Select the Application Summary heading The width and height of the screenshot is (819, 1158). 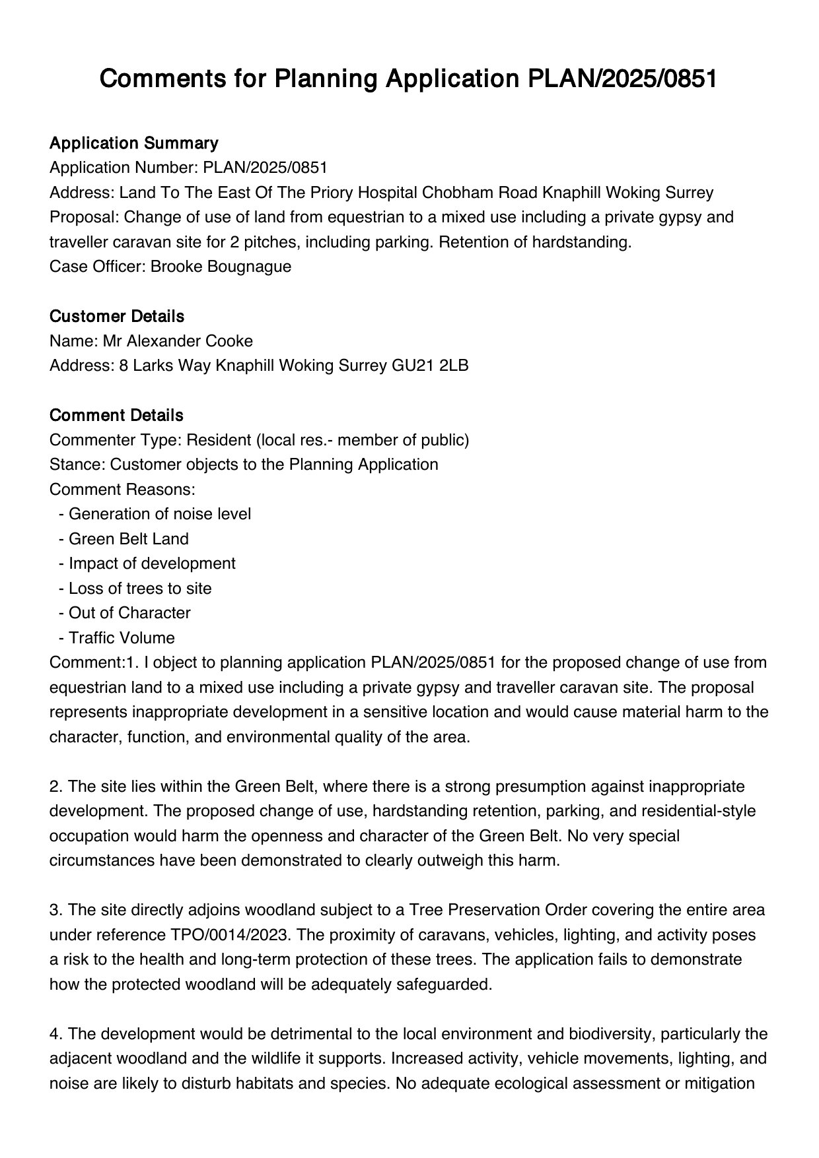133,143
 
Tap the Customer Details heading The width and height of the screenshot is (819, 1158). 116,317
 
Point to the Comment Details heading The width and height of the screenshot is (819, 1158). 116,416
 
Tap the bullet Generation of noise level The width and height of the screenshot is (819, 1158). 159,514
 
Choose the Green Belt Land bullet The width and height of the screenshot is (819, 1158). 128,539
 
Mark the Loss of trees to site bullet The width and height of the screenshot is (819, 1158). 140,589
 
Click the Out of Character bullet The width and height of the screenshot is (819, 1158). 129,613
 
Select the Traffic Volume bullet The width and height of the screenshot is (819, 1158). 122,638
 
